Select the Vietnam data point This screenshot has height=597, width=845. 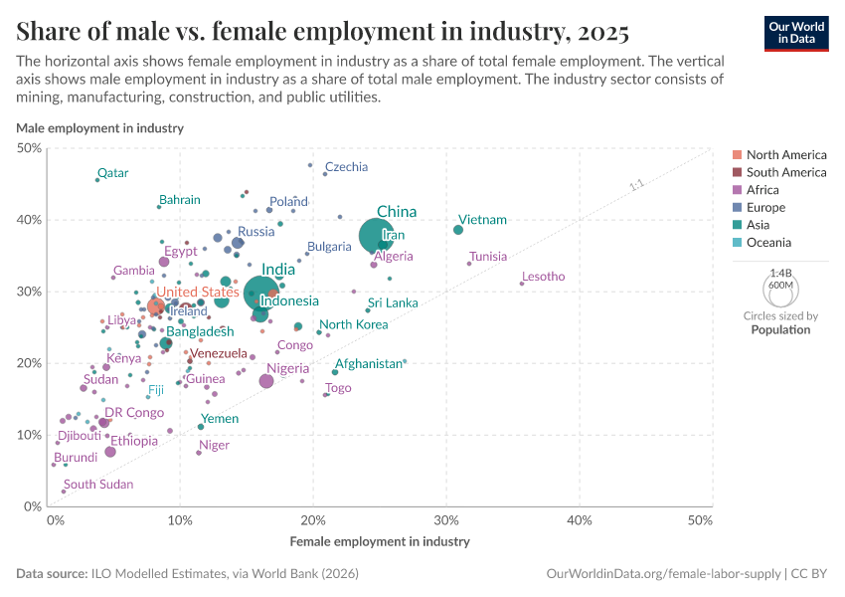coord(458,230)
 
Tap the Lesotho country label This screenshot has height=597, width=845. coord(543,277)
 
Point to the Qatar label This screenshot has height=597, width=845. coord(112,173)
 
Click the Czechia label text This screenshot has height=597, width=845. coord(346,167)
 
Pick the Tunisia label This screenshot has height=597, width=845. coord(488,257)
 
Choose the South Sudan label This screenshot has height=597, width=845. coord(98,485)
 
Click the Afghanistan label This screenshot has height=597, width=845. coord(368,364)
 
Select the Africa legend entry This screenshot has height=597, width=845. coord(764,190)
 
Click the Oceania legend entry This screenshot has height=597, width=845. coord(769,243)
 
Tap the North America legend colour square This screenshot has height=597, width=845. coord(737,155)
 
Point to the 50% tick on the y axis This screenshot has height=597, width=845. coord(29,148)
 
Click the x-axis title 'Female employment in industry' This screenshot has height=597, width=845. coord(380,542)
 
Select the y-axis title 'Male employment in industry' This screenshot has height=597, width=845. coord(99,128)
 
